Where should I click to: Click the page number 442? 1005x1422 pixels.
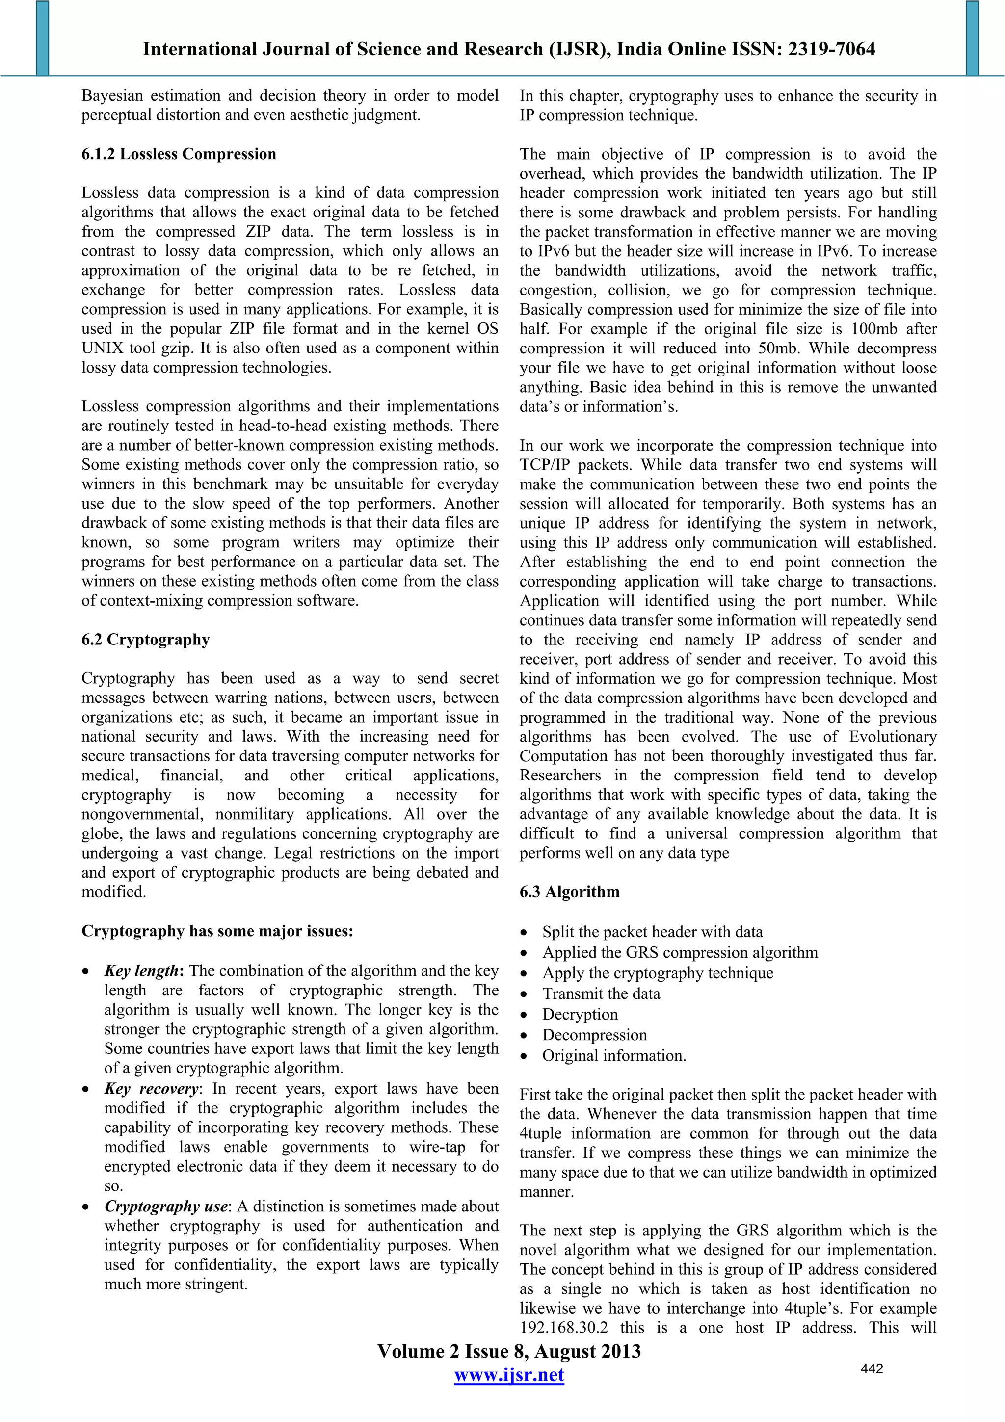click(x=871, y=1368)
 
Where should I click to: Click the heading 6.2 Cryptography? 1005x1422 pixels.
click(x=146, y=640)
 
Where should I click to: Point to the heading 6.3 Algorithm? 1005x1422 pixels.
click(x=569, y=892)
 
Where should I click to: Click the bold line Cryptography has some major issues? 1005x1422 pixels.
click(x=217, y=931)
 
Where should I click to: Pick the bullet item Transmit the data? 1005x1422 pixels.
click(x=601, y=993)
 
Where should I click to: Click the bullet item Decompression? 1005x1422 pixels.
click(x=594, y=1035)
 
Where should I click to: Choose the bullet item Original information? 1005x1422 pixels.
click(x=614, y=1055)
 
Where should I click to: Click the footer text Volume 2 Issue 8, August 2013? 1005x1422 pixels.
click(x=509, y=1351)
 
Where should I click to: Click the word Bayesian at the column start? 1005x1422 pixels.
click(x=112, y=96)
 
